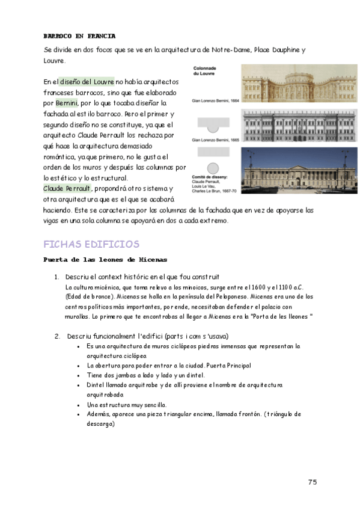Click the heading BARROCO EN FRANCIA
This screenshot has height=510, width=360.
click(80, 36)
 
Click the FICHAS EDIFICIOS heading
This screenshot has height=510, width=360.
click(91, 244)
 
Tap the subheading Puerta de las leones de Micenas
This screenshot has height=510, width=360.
click(105, 260)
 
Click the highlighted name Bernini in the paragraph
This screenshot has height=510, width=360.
click(67, 103)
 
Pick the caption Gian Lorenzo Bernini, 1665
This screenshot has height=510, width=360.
click(215, 140)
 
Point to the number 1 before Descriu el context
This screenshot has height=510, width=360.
click(56, 277)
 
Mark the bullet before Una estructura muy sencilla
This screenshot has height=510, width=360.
click(79, 405)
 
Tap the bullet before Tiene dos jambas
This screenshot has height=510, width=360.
click(79, 375)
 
